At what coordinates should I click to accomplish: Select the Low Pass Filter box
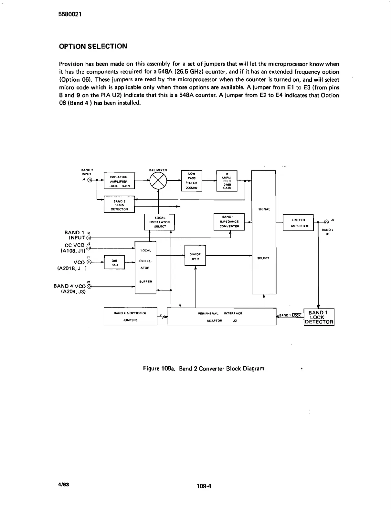tap(192, 180)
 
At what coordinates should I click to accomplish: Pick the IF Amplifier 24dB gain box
tap(227, 180)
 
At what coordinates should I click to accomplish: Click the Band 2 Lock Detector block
tap(119, 205)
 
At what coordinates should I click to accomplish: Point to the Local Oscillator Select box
tap(160, 222)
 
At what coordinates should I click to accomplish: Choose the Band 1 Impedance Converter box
tap(229, 222)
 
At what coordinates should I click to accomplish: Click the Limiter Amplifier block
tap(298, 222)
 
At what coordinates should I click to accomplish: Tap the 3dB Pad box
tap(114, 262)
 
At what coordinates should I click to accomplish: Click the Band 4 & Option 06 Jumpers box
tap(130, 316)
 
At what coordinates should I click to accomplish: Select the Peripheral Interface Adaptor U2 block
tap(221, 317)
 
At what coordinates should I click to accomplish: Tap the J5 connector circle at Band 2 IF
tap(326, 221)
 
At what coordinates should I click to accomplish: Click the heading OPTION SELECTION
tap(93, 46)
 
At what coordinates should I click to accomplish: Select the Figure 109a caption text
tap(204, 369)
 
